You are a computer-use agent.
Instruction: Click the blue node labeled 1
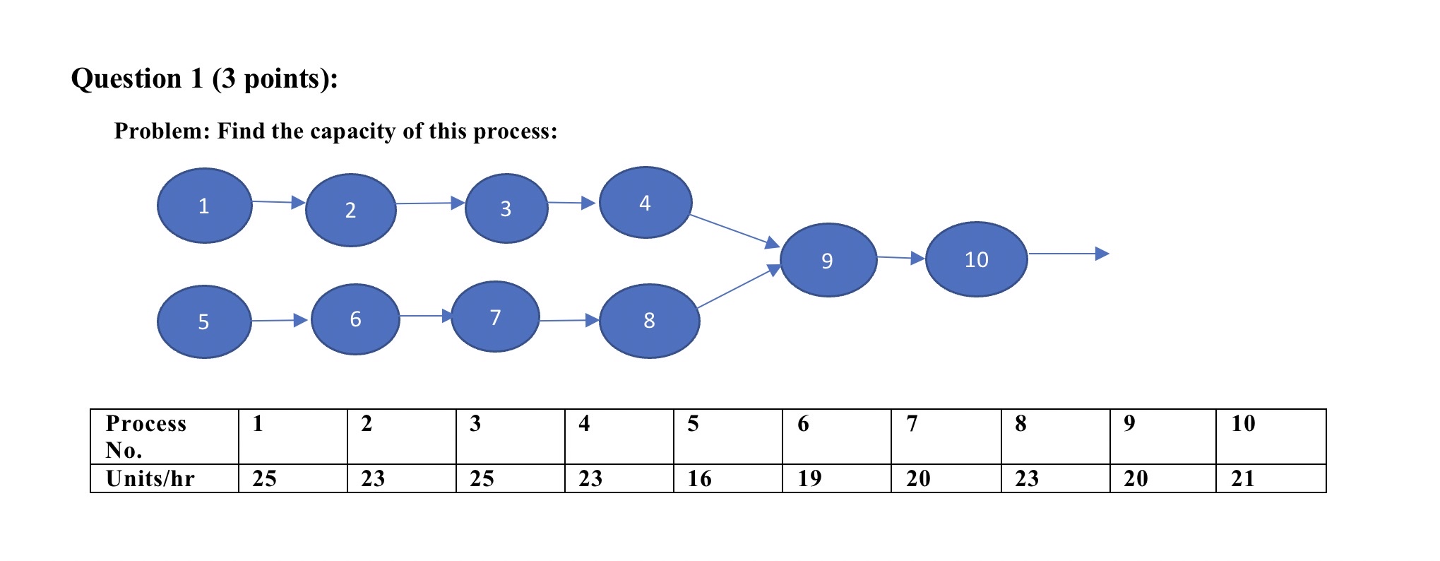(x=204, y=206)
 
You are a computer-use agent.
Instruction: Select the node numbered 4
(x=645, y=203)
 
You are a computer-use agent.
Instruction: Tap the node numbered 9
(x=828, y=260)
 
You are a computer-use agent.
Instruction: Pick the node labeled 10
(x=976, y=259)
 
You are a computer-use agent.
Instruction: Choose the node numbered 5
(x=203, y=321)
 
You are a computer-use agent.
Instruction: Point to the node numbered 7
(x=495, y=317)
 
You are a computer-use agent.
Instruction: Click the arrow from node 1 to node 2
(x=278, y=203)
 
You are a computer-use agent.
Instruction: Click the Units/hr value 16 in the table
(x=699, y=478)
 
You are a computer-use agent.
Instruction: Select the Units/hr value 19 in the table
(x=809, y=478)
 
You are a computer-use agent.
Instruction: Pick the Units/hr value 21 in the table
(x=1243, y=478)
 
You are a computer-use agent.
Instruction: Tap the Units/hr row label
(x=150, y=478)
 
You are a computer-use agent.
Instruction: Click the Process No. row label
(x=145, y=436)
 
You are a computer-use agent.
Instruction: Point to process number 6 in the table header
(x=803, y=423)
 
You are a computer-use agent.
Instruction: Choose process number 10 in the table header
(x=1243, y=423)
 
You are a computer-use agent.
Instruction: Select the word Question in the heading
(x=126, y=78)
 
